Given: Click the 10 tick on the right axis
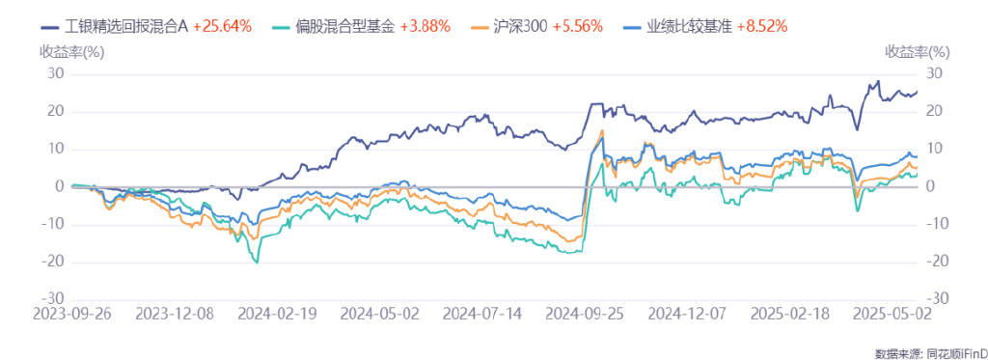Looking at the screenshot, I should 933,149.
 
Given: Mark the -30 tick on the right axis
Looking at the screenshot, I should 936,299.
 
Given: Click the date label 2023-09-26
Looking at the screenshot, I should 71,314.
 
